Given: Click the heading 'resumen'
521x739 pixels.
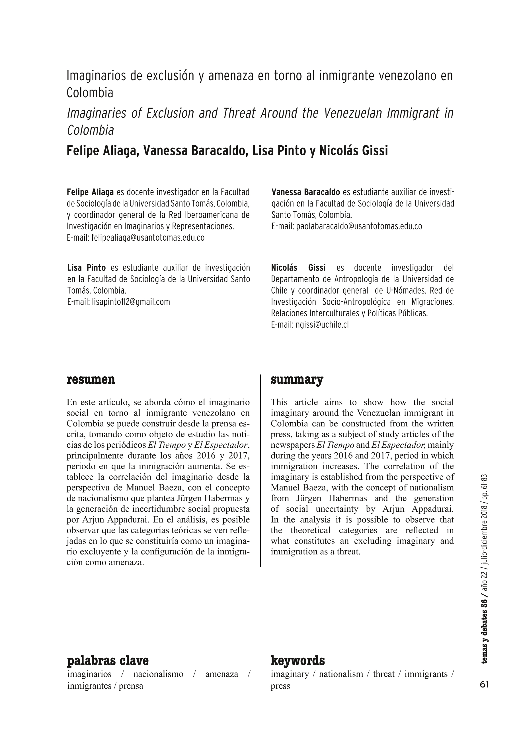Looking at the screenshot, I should (91, 380).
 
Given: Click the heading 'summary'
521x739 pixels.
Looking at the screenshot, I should (297, 380).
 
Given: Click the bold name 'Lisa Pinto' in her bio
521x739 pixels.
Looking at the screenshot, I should (86, 268).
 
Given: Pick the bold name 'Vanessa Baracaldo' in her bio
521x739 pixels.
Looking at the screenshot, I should (305, 192).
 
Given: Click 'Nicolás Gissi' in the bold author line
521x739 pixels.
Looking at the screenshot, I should (354, 151).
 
